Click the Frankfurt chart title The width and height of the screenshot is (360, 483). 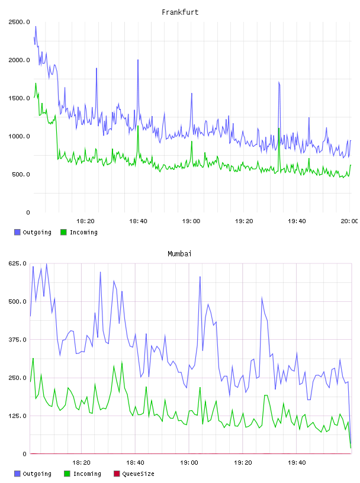click(x=180, y=12)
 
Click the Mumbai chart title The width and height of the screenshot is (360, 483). click(x=179, y=254)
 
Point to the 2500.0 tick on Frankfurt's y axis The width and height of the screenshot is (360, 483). click(x=19, y=22)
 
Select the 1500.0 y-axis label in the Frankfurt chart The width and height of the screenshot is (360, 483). click(x=19, y=98)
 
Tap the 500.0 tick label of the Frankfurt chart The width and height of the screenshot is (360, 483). click(x=21, y=175)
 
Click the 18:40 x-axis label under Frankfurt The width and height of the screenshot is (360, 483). click(x=138, y=221)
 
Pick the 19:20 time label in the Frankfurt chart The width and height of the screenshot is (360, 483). click(x=244, y=221)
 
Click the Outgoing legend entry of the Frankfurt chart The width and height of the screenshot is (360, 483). click(x=33, y=232)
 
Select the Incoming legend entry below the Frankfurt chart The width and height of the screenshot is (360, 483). click(x=79, y=232)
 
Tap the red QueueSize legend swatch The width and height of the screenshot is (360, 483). click(x=117, y=474)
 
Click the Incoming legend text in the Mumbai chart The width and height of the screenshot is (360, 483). click(x=87, y=474)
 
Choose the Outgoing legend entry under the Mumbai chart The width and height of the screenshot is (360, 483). click(x=33, y=474)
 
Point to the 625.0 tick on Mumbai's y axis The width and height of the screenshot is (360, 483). click(x=18, y=263)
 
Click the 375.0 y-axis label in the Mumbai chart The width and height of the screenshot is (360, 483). click(x=18, y=339)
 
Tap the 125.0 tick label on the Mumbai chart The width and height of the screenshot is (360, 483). click(x=18, y=416)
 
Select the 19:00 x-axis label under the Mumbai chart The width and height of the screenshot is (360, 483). click(x=189, y=463)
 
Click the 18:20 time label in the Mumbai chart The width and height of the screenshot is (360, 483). click(x=81, y=463)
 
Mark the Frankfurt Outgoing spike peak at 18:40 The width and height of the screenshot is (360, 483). click(x=138, y=60)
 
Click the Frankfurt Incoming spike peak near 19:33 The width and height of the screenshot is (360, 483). click(x=279, y=128)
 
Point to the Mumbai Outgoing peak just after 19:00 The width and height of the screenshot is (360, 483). click(x=200, y=277)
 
